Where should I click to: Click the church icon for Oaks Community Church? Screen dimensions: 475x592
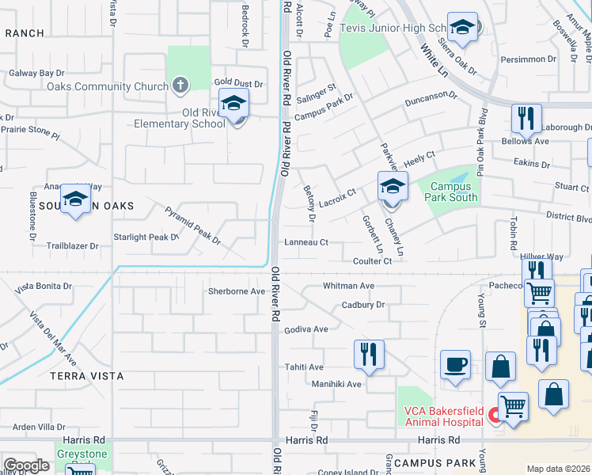(180, 86)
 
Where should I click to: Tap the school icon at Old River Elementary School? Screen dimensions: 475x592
(234, 104)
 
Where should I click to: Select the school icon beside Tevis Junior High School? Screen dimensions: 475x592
(462, 29)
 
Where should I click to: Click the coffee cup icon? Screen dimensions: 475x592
(455, 366)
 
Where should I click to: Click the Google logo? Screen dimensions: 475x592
(26, 465)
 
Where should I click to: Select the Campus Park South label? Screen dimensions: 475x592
(452, 192)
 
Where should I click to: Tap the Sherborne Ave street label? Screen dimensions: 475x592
(236, 291)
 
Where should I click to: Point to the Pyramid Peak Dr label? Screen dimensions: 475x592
(192, 224)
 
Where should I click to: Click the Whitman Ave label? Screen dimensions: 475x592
(348, 285)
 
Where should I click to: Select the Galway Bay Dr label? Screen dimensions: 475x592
(36, 73)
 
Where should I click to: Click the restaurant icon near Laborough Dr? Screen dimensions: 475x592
(526, 119)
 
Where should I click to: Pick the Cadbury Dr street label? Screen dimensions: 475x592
(362, 305)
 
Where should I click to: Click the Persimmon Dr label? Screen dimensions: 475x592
(529, 59)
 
